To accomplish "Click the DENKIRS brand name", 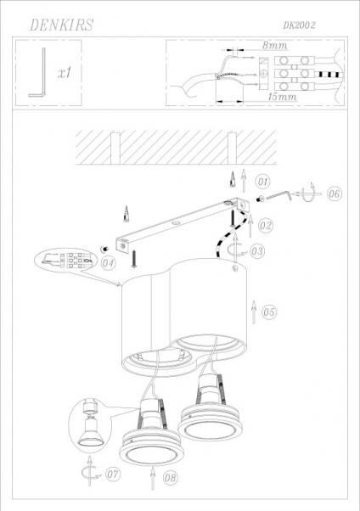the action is (62, 25).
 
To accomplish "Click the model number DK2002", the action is (299, 25).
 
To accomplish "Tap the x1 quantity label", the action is (65, 73).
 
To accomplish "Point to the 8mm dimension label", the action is (274, 45).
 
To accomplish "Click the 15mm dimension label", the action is (283, 97).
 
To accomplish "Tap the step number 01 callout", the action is (263, 182).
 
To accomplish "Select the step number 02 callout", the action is (266, 225).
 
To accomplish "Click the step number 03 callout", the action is (257, 251).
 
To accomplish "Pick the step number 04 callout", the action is (108, 262).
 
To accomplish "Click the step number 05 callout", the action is (269, 312).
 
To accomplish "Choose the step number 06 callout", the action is (334, 194).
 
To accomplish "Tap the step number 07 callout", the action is (113, 474).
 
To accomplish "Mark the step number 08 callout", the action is (171, 478).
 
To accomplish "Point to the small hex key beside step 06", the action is (279, 195).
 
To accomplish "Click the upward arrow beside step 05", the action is (254, 312).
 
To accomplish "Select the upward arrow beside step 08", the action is (153, 478).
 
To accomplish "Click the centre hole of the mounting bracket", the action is (176, 224).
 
